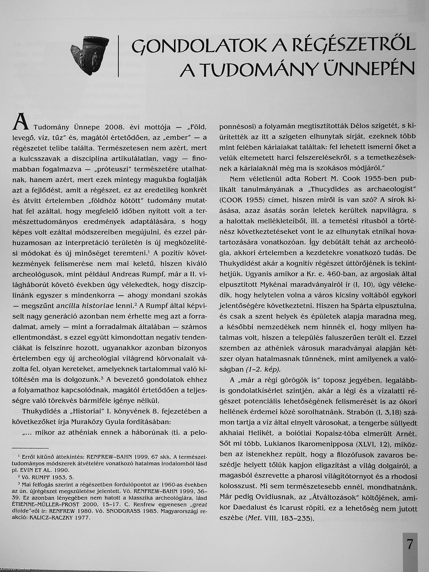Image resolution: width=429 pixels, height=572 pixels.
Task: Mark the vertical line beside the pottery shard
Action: coord(118,56)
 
